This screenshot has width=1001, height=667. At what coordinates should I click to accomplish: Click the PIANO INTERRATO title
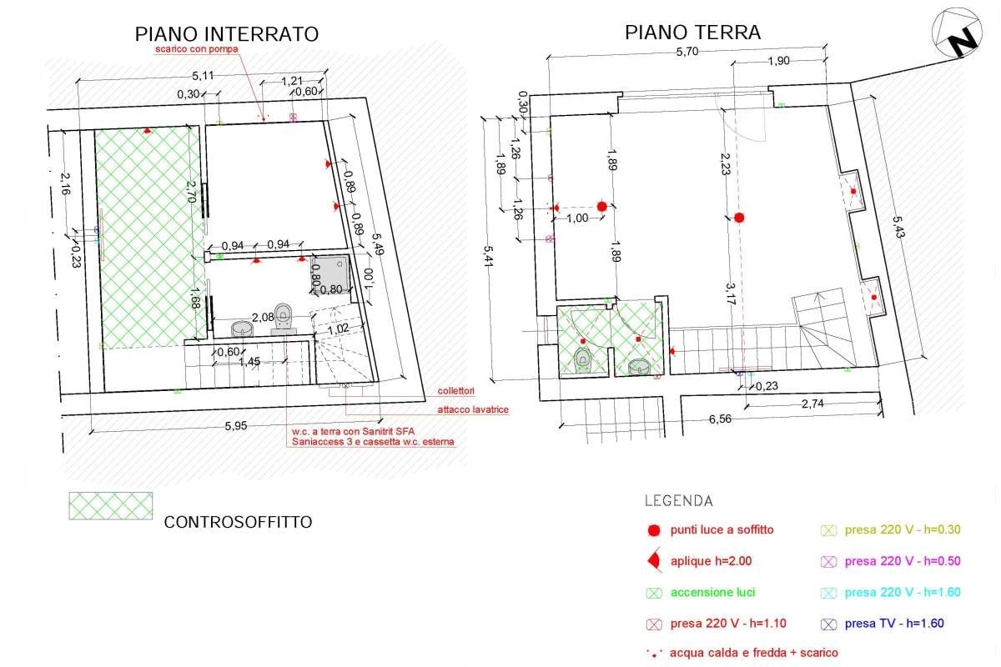[227, 34]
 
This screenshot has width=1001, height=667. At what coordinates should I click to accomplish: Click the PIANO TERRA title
[692, 33]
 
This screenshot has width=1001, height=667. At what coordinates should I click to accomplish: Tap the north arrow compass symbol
[958, 33]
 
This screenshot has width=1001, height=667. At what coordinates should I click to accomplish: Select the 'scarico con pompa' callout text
[196, 50]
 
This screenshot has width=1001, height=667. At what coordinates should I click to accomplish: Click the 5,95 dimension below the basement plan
[236, 425]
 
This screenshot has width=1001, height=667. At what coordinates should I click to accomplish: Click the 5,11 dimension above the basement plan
[202, 75]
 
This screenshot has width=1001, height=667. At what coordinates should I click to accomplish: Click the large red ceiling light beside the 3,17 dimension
[738, 218]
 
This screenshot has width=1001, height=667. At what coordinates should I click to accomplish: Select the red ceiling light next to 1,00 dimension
[601, 206]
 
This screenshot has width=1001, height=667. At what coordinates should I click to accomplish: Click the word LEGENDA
[678, 501]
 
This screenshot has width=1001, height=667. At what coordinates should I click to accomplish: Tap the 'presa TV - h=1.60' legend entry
[893, 623]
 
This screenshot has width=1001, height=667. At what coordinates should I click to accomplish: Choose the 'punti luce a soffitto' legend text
[722, 529]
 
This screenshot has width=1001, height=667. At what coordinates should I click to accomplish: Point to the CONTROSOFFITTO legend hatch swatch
[110, 505]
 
